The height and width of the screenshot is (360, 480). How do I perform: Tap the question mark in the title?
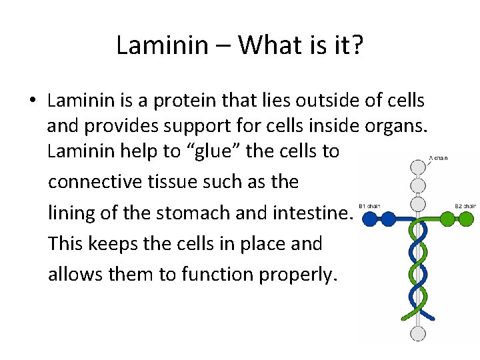tap(357, 45)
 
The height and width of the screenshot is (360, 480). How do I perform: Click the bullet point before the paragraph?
tap(32, 101)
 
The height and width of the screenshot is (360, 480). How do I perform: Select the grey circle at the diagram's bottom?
tap(418, 333)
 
